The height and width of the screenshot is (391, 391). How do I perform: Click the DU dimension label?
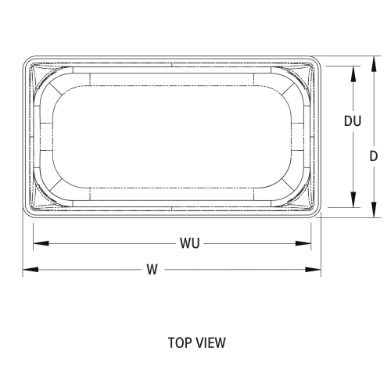(353, 121)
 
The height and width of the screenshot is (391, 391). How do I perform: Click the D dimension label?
(374, 156)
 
